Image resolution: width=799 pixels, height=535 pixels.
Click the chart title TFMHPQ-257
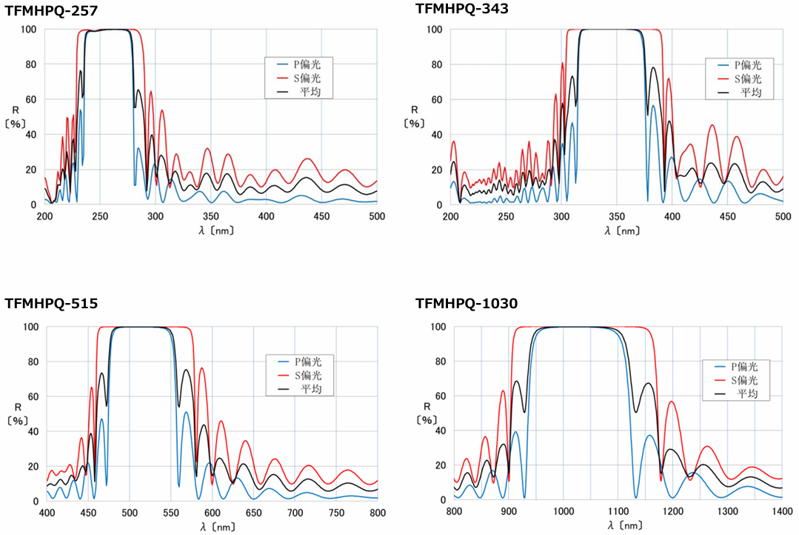point(51,10)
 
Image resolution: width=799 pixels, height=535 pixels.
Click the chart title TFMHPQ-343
point(462,9)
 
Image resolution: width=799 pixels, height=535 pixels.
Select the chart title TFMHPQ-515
point(51,304)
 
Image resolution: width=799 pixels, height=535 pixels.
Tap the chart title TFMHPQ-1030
point(467,304)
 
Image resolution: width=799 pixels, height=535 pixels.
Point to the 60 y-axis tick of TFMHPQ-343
point(436,99)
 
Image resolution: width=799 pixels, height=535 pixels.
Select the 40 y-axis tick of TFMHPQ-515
point(32,431)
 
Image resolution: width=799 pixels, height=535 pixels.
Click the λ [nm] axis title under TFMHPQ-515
point(213,526)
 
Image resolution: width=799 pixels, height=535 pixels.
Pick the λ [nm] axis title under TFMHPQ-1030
point(624,526)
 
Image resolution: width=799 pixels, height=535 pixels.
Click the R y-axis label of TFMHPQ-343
point(415,110)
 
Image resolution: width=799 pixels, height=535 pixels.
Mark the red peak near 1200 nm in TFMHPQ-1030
point(672,402)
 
